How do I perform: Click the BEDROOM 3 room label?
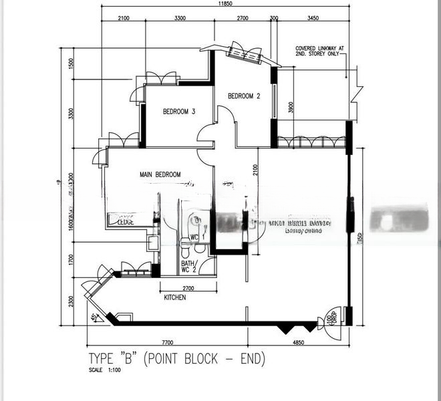[x=179, y=112]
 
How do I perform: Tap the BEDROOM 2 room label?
[x=244, y=96]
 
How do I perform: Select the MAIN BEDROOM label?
[x=160, y=174]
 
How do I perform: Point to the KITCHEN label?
[x=174, y=297]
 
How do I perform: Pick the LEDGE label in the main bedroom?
[x=125, y=222]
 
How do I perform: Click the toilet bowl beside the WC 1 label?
[x=194, y=221]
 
